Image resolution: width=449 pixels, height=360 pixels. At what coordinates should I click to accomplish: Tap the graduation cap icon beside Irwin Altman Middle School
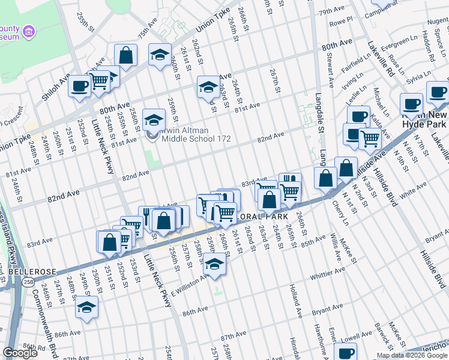point(154,119)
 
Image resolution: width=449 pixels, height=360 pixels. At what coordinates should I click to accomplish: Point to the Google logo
point(20,353)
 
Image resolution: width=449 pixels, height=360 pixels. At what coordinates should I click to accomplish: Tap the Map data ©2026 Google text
point(412,355)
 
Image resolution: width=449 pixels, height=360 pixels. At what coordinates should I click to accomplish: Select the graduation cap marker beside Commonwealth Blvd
point(86,307)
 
